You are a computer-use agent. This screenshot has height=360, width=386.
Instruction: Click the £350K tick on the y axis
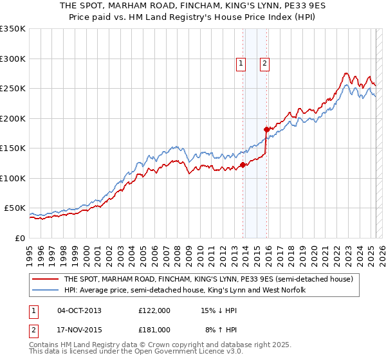point(13,29)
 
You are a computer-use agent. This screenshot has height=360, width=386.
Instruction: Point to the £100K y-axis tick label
point(13,178)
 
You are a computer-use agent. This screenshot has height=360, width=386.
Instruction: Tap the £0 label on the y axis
point(20,238)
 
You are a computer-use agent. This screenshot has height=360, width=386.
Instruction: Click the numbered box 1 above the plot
point(240,63)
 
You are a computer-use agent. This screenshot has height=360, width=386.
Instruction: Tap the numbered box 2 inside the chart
point(264,63)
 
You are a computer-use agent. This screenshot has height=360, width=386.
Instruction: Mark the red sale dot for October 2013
point(243,165)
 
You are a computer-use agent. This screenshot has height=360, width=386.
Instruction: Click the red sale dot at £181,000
point(267,130)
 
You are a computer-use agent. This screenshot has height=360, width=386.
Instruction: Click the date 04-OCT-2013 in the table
point(80,310)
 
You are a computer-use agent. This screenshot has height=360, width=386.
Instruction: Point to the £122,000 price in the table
point(154,310)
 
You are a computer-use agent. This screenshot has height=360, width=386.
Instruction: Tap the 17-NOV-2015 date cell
point(80,330)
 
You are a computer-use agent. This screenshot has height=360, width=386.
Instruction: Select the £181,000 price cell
point(154,330)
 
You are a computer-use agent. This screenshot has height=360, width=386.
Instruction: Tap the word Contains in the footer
point(46,346)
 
